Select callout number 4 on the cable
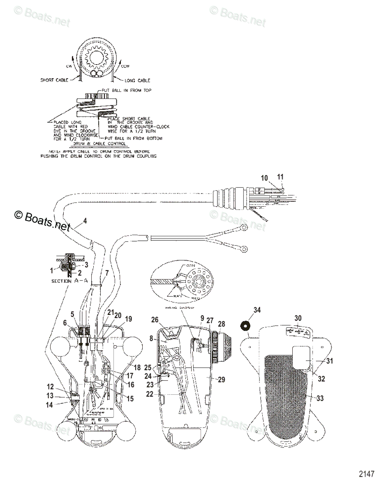coord(85,221)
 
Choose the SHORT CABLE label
coord(54,80)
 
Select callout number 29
coord(222,380)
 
